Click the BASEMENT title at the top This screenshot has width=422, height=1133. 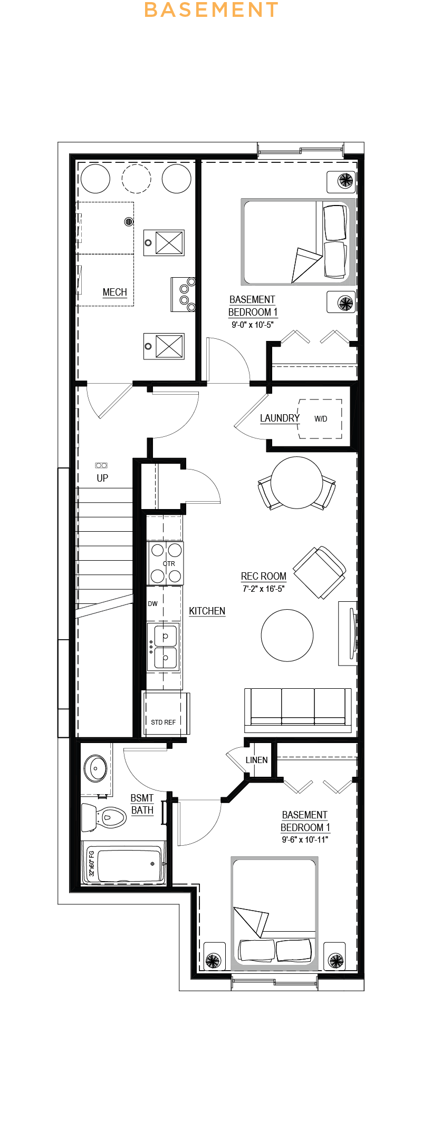point(211,10)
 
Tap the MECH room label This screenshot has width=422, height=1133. point(114,292)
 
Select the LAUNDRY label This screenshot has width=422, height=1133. point(280,418)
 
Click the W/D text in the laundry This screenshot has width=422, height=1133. point(321,419)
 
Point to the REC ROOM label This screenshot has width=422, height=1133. point(264,577)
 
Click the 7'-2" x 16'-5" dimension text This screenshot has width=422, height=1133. point(263,589)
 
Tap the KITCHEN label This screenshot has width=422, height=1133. point(207,611)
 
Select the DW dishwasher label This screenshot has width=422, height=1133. point(152,604)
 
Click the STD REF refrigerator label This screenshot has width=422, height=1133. point(163,722)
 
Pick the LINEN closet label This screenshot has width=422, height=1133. point(256,760)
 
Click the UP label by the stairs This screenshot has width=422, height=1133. point(102,478)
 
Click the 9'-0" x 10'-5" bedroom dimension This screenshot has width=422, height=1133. point(252,325)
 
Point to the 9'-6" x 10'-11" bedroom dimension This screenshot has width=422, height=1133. point(304,840)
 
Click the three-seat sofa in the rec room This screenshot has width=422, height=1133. point(298,709)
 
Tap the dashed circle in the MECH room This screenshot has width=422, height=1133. point(137,179)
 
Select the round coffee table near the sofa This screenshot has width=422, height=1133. point(287,635)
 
